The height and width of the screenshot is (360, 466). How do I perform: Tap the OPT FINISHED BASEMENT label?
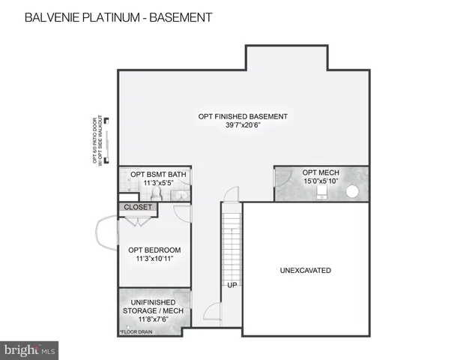(243, 116)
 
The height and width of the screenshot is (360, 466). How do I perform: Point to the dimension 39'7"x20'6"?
(243, 126)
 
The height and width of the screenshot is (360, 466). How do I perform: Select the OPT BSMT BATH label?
(158, 175)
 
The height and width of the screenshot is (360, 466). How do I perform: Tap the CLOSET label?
(138, 207)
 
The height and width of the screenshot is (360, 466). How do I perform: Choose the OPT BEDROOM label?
(154, 250)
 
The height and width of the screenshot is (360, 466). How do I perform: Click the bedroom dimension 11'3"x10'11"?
(154, 259)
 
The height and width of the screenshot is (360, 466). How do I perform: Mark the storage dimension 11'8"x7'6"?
(153, 319)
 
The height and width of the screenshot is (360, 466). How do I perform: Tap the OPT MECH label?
(321, 172)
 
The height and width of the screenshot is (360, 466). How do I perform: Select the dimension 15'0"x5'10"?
(321, 181)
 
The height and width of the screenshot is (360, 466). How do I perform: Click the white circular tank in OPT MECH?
(352, 191)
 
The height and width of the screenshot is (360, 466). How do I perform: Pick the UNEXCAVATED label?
(306, 270)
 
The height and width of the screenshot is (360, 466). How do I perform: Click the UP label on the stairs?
(232, 285)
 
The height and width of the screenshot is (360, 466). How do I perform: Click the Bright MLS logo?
(31, 349)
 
